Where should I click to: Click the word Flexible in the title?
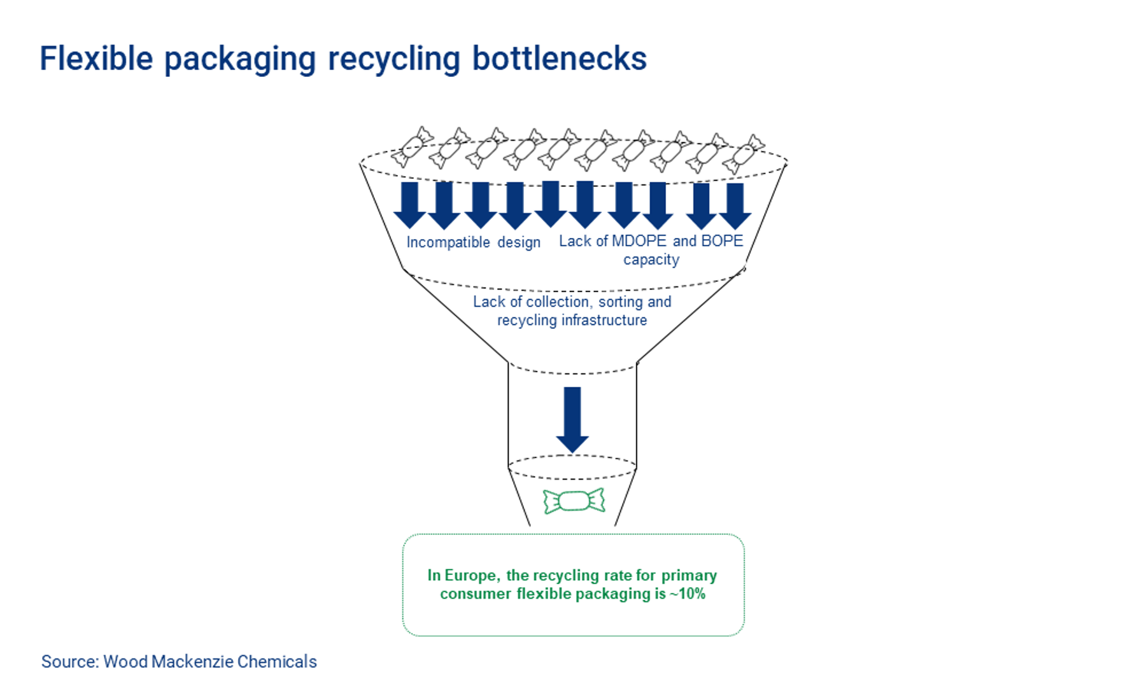coord(96,59)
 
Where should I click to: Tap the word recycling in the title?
coord(393,60)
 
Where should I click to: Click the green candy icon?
coord(574,501)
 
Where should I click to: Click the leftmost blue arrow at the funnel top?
coord(410,204)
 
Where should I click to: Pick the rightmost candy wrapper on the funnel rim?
coord(744,154)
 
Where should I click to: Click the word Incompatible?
coord(448,242)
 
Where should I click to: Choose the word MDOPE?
coord(639,241)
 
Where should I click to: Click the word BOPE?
coord(722,241)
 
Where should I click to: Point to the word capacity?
coord(651,260)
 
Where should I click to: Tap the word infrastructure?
coord(604,320)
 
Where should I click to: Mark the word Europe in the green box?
coord(472,575)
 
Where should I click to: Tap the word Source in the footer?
coord(69,662)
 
